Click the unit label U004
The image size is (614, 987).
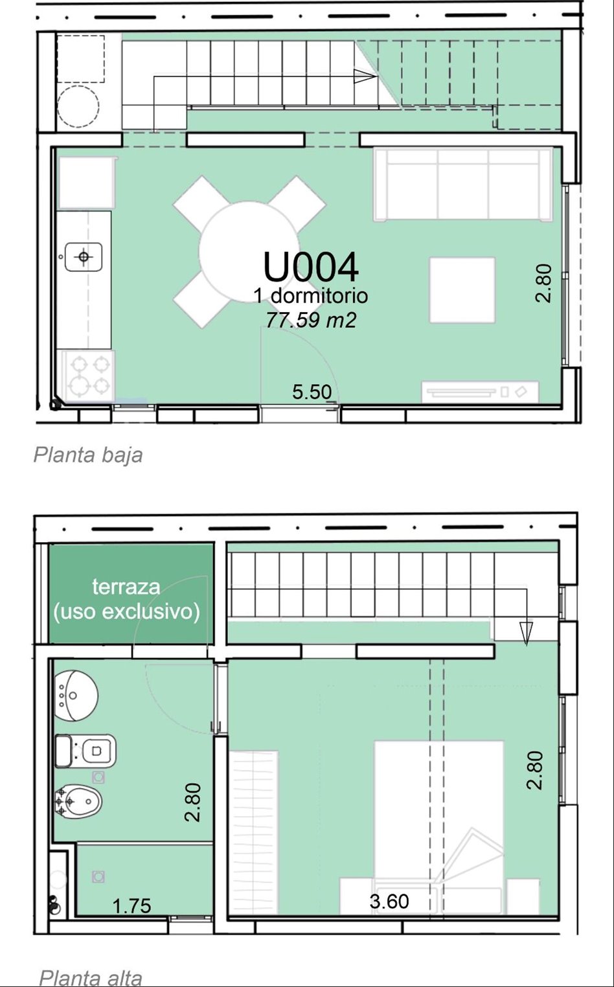[311, 267]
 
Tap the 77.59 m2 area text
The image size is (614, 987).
[311, 321]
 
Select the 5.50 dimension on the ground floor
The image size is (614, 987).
[312, 392]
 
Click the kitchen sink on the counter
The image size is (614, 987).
[84, 256]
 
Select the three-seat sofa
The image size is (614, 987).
[463, 185]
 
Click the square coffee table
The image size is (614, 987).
[462, 290]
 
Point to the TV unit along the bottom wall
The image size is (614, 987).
[480, 392]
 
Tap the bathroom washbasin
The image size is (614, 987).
[76, 696]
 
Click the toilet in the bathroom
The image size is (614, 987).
[85, 750]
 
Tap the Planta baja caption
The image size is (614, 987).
[88, 455]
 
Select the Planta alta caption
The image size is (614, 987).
[91, 978]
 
